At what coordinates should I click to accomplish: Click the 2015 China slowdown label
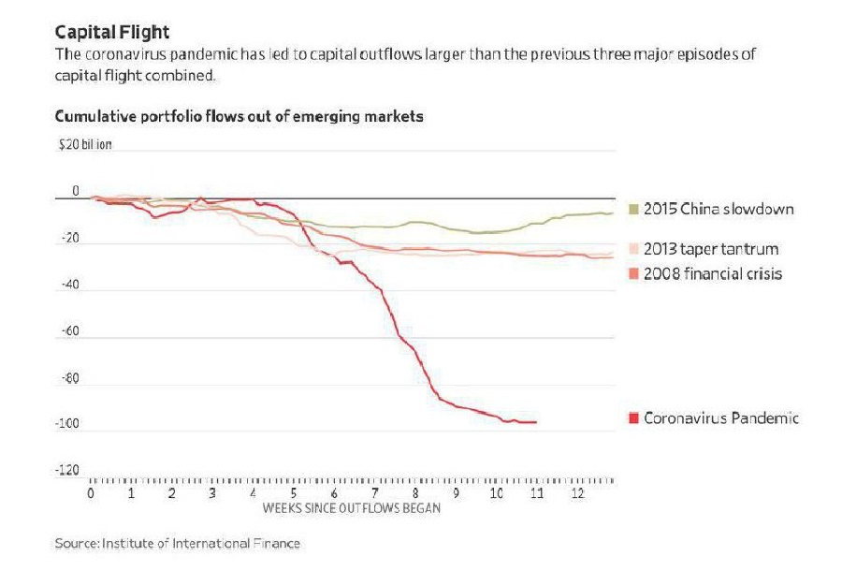click(719, 209)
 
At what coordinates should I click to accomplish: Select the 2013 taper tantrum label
click(711, 249)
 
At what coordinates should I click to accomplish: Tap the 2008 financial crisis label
click(713, 273)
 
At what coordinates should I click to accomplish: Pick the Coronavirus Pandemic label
click(721, 417)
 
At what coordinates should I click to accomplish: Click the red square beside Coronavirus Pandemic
click(633, 417)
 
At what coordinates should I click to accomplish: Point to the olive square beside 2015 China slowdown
click(633, 209)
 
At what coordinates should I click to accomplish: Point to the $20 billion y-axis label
click(85, 146)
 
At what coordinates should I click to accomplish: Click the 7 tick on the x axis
click(375, 492)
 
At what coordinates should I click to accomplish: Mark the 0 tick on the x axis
click(91, 492)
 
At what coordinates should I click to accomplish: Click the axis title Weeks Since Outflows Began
click(351, 509)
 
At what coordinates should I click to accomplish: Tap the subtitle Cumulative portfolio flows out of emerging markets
click(240, 117)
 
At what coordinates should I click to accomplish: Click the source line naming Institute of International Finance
click(178, 542)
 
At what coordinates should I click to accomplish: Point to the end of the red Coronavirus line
click(536, 422)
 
